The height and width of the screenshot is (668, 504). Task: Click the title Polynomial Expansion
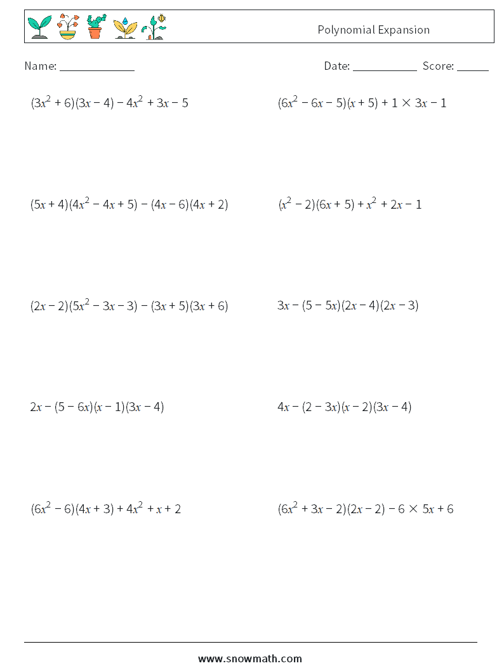373,30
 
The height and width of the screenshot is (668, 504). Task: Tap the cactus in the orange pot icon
95,27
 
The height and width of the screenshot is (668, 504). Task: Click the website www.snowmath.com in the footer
250,658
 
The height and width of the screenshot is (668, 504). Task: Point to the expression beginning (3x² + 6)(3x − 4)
109,103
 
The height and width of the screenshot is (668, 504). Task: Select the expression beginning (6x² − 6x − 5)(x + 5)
362,103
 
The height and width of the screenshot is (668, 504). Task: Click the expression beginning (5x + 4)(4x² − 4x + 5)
129,204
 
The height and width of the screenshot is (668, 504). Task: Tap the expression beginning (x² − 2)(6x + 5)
349,204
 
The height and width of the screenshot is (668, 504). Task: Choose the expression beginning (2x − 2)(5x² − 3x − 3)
129,306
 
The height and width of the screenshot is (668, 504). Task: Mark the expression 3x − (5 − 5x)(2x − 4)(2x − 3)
348,306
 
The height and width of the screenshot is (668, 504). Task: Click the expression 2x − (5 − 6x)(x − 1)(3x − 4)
97,407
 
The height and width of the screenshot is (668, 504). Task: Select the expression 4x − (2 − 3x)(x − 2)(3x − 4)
344,407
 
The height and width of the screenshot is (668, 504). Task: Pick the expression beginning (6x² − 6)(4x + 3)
105,509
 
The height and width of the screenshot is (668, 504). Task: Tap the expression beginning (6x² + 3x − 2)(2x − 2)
365,509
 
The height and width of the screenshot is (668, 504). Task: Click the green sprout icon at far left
39,27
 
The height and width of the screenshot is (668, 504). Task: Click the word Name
40,66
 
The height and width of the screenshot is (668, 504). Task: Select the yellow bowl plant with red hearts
67,27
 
